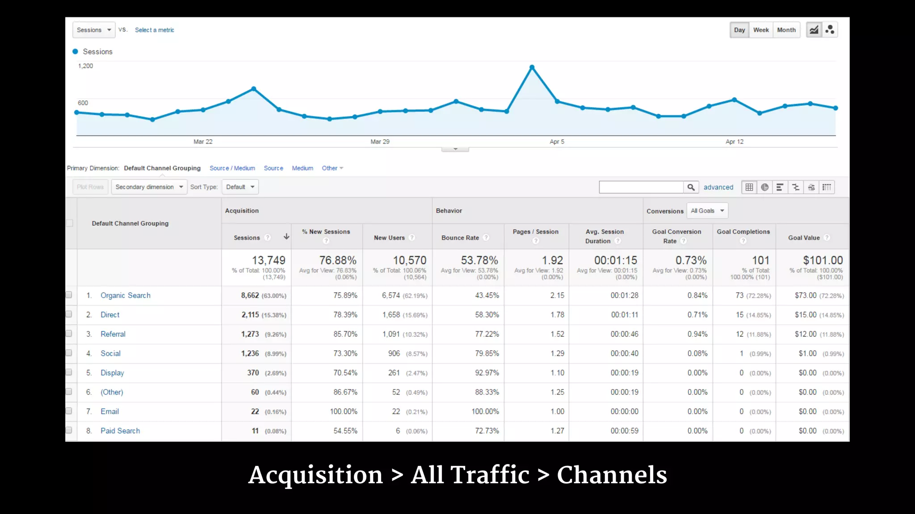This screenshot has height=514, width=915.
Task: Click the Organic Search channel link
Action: pos(125,295)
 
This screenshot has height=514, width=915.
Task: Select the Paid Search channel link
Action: pos(120,431)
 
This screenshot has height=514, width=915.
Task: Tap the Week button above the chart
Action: pos(761,30)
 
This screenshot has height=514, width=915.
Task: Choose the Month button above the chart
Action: pos(786,30)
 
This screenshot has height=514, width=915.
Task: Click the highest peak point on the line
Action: pos(532,67)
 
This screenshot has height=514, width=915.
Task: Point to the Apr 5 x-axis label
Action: pos(557,141)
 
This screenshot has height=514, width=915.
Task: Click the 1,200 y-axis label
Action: pos(85,66)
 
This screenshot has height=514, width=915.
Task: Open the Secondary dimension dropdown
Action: pos(149,187)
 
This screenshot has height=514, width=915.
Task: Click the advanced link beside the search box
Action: pos(718,187)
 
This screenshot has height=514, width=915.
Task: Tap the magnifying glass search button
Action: pos(691,187)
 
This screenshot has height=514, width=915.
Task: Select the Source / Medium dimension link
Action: pos(232,168)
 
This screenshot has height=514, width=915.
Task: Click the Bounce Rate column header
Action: pos(460,238)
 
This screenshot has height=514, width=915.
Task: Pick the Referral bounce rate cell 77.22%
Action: pos(487,334)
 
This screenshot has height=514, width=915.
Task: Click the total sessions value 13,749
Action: pos(268,260)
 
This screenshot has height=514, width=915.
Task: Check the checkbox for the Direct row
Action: pos(69,314)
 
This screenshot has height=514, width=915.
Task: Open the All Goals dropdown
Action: pos(707,211)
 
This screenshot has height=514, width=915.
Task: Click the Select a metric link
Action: pos(154,30)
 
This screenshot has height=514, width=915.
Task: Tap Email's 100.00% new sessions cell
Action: pos(343,411)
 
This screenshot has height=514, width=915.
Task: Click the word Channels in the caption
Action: pos(612,475)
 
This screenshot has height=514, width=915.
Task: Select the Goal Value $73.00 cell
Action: pos(805,295)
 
